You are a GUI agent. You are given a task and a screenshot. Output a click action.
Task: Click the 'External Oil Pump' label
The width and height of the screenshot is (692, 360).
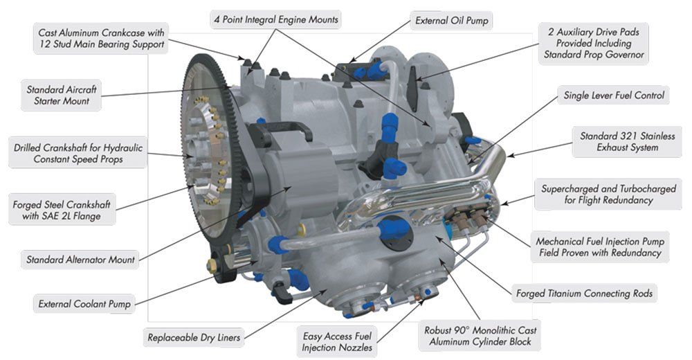pyautogui.click(x=451, y=21)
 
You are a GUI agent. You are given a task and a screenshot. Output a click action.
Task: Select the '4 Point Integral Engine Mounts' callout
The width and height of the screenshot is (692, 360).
pyautogui.click(x=276, y=20)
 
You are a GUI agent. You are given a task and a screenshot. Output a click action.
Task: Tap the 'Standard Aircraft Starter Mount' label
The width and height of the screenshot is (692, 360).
pyautogui.click(x=62, y=95)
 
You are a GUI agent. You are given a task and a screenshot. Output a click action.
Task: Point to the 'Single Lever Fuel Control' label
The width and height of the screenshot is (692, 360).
pyautogui.click(x=613, y=96)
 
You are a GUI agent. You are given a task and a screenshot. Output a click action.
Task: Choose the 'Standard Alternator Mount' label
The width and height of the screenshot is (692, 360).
pyautogui.click(x=80, y=260)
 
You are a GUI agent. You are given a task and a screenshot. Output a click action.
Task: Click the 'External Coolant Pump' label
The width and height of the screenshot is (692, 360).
pyautogui.click(x=84, y=304)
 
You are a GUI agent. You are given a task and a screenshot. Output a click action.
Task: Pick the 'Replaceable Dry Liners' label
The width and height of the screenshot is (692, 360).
pyautogui.click(x=194, y=337)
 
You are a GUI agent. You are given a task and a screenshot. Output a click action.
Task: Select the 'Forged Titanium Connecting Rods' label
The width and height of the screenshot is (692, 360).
pyautogui.click(x=584, y=294)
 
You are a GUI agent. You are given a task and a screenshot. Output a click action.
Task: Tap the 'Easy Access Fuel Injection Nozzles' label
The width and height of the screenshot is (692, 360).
pyautogui.click(x=337, y=341)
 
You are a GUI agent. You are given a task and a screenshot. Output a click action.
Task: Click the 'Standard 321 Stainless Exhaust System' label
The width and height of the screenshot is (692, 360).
pyautogui.click(x=627, y=142)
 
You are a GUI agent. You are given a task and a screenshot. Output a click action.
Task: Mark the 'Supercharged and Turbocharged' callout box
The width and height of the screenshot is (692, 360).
pyautogui.click(x=608, y=195)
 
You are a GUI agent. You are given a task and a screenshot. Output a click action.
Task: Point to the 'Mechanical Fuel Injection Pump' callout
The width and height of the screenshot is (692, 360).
pyautogui.click(x=600, y=247)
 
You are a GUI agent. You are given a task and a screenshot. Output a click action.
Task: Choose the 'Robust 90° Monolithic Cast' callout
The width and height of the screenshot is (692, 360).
pyautogui.click(x=480, y=336)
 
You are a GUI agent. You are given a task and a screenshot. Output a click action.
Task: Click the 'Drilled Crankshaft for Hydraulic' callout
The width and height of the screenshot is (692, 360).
pyautogui.click(x=78, y=153)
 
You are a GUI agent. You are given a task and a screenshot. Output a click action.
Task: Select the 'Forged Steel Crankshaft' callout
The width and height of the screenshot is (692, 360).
pyautogui.click(x=62, y=210)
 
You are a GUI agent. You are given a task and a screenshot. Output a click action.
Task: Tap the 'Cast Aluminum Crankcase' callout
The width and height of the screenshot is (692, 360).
pyautogui.click(x=101, y=39)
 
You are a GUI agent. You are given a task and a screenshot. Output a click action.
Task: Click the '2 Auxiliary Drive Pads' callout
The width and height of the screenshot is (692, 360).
pyautogui.click(x=594, y=44)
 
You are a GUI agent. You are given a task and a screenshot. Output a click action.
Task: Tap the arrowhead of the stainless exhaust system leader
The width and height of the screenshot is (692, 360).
pyautogui.click(x=510, y=156)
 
